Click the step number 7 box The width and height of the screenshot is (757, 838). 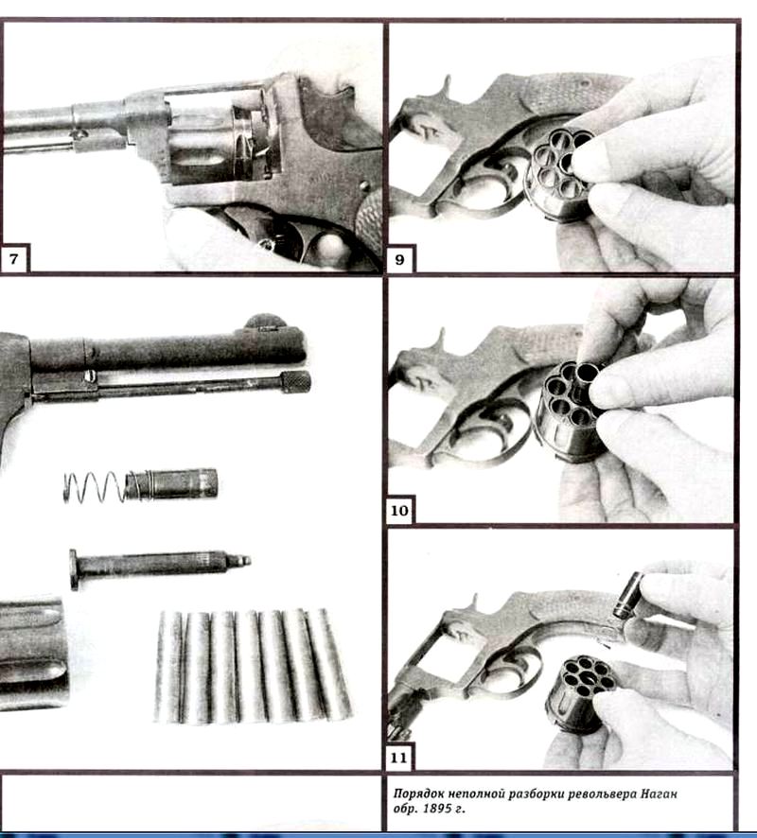click(x=13, y=259)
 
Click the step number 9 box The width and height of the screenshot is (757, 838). click(x=400, y=260)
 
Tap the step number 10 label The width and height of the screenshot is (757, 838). click(x=400, y=511)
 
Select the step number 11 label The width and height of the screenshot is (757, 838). click(x=398, y=758)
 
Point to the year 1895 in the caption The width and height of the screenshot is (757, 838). click(x=437, y=809)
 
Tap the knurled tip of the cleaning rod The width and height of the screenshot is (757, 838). click(x=295, y=382)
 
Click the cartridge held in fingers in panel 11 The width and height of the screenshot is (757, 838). click(x=628, y=595)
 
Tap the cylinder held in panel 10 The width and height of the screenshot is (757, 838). click(x=570, y=410)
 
